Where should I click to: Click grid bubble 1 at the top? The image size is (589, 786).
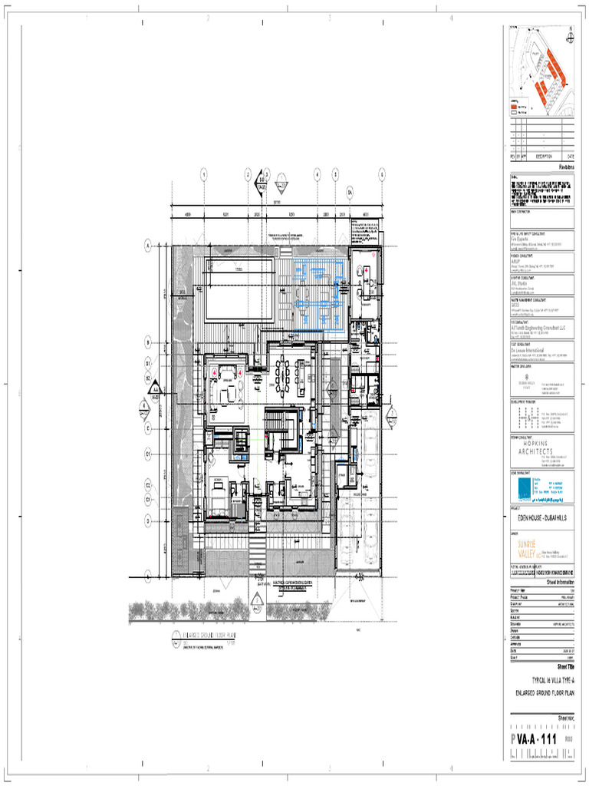[x=204, y=175]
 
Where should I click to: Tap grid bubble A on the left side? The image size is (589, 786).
[x=146, y=246]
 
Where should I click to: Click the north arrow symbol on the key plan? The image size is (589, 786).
[x=571, y=32]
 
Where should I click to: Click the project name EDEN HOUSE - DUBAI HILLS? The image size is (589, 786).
[x=541, y=520]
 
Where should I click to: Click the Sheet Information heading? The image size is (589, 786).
[x=560, y=582]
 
